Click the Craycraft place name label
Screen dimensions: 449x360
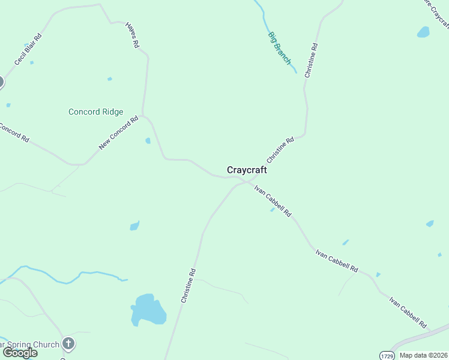coord(247,170)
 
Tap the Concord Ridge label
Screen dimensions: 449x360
coord(95,112)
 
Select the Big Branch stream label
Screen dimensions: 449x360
coord(279,48)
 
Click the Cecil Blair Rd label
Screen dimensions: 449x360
coord(28,49)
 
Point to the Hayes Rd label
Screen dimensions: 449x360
coord(132,35)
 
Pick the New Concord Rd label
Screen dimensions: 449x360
coord(118,133)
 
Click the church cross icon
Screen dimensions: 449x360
coord(68,344)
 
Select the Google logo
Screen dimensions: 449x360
coord(19,353)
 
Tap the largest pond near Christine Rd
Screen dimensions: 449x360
coord(148,310)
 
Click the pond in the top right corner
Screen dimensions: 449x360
coord(423,32)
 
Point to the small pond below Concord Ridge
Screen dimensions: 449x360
coord(148,141)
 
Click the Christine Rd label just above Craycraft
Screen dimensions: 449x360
coord(280,150)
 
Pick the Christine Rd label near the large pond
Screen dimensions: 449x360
coord(188,285)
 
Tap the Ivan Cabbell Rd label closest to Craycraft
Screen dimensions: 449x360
coord(273,201)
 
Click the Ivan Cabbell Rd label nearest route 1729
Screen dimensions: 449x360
coord(408,311)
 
